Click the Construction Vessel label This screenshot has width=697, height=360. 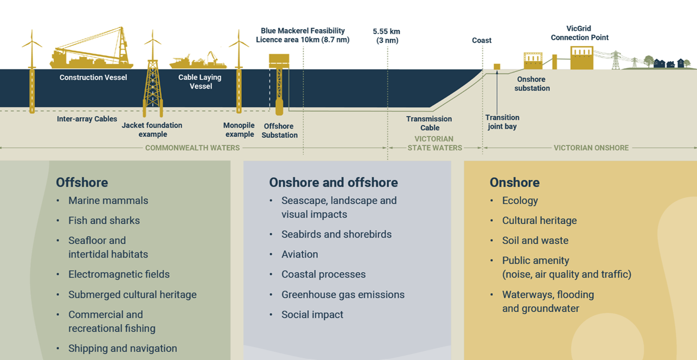point(93,78)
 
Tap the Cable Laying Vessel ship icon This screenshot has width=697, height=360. point(198,61)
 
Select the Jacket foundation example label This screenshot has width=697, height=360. point(152,130)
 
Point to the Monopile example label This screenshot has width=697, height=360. point(239,130)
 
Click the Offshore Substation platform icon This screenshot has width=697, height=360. point(279,84)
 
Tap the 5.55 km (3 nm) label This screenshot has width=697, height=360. point(387,36)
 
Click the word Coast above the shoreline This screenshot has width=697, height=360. point(482,41)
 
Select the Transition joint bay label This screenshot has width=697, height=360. point(502,122)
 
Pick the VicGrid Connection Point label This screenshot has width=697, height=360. point(579,33)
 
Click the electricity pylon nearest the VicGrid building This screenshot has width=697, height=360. point(616,60)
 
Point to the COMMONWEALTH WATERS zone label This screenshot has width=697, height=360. point(193,148)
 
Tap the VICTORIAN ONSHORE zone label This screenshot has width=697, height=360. point(591,148)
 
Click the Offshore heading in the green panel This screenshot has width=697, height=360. point(82,183)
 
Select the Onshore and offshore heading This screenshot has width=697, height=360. point(334,183)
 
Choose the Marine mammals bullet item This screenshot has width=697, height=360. point(108,201)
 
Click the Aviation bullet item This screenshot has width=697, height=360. point(299,254)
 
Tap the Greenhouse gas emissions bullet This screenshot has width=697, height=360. point(343,294)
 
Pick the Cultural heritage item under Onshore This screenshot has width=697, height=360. point(540,221)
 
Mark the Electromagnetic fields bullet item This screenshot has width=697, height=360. point(119,274)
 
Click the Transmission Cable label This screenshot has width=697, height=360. point(430,123)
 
